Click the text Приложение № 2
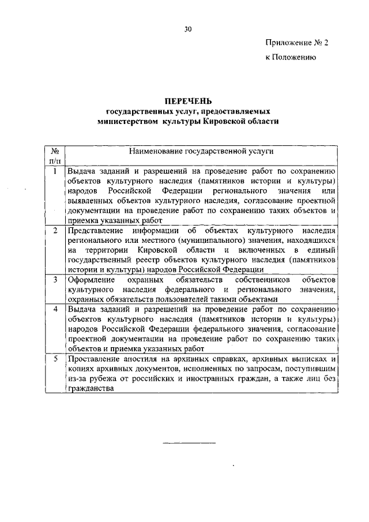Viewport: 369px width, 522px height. (x=296, y=43)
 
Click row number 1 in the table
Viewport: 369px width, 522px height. (x=54, y=171)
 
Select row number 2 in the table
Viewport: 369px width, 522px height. (x=54, y=231)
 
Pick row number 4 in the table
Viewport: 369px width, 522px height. (x=54, y=309)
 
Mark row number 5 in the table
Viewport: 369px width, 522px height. (x=54, y=358)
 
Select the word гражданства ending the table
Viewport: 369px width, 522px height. (x=89, y=388)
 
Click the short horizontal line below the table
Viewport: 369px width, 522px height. (x=189, y=443)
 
